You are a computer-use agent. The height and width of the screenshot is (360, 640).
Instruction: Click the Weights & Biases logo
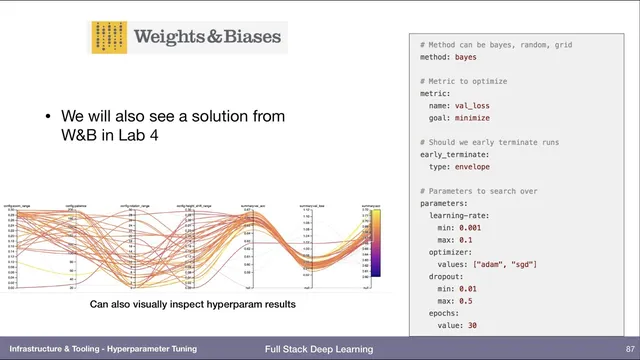pyautogui.click(x=187, y=39)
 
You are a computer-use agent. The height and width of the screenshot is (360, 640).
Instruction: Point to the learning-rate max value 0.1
pyautogui.click(x=472, y=240)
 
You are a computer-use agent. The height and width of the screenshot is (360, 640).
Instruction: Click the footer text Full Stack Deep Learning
pyautogui.click(x=319, y=349)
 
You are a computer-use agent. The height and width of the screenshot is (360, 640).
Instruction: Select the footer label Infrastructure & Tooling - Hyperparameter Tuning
pyautogui.click(x=103, y=349)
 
